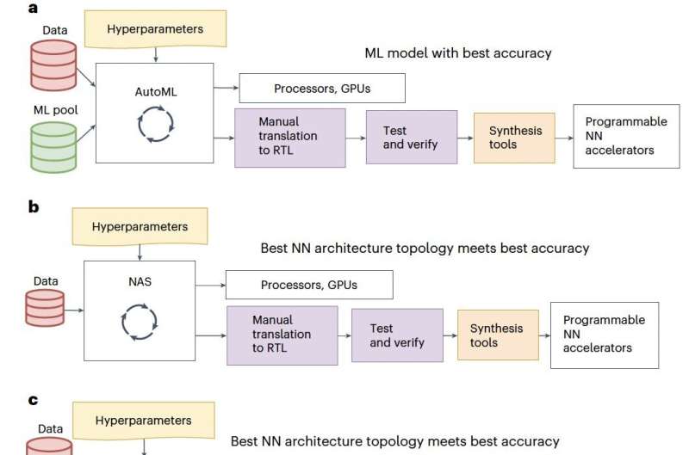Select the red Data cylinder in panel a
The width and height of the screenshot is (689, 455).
(52, 64)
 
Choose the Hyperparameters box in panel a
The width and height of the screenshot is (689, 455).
(154, 30)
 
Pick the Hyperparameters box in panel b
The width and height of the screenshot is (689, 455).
(140, 228)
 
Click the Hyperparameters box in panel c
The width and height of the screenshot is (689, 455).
(143, 421)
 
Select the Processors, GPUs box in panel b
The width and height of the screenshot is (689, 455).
(308, 285)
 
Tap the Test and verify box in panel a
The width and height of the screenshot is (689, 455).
(410, 138)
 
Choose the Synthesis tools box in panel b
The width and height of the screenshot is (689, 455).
(497, 335)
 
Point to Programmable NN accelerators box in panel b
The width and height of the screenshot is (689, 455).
(604, 335)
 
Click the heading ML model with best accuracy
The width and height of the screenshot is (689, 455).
(457, 53)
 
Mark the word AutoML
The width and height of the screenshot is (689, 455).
(156, 92)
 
